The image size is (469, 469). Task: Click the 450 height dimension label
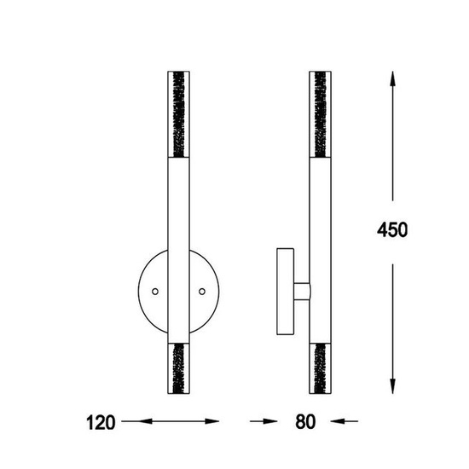[x=392, y=229]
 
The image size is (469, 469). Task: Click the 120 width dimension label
[x=101, y=422]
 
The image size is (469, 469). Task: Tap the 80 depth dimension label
[x=305, y=422]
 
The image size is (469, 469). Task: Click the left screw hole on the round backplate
[x=155, y=292]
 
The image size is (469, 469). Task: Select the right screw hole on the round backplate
[x=202, y=292]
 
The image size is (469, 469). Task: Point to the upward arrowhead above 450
[x=393, y=79]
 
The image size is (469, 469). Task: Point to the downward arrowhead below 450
[x=393, y=386]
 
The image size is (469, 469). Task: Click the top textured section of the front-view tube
[x=178, y=114]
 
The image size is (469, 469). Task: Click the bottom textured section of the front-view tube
[x=178, y=368]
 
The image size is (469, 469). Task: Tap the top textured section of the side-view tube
[x=320, y=114]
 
